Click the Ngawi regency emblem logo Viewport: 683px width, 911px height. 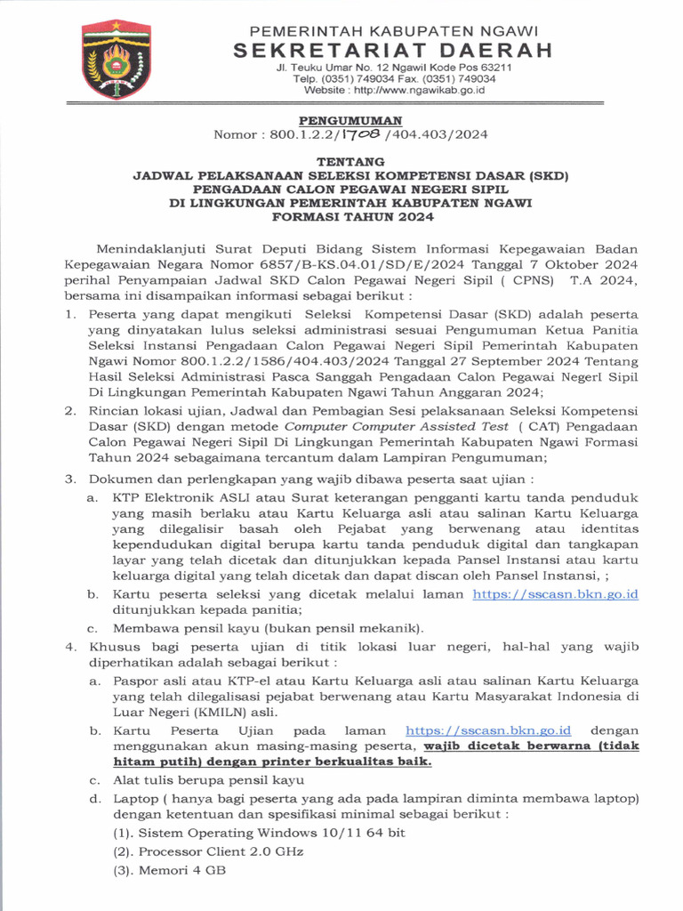click(116, 61)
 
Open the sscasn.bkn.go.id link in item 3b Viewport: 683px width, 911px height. click(556, 594)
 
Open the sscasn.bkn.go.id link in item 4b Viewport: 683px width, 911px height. click(487, 730)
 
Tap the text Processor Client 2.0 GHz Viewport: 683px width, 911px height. click(221, 851)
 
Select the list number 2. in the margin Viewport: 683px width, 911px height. click(70, 411)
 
